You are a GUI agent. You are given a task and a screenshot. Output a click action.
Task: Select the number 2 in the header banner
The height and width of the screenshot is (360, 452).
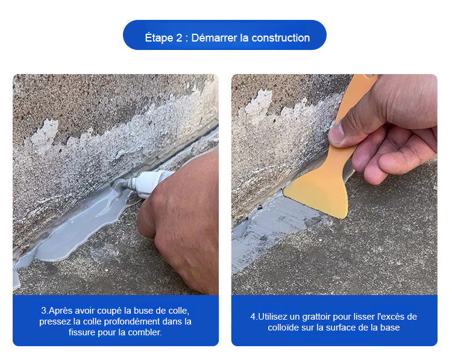[x=180, y=38]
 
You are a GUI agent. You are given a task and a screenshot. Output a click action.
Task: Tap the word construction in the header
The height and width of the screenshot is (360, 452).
[x=281, y=38]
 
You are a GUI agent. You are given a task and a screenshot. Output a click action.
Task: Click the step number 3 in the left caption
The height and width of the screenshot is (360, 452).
[x=44, y=311]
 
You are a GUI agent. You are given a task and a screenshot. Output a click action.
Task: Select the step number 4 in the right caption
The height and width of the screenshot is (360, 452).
[x=253, y=317]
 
